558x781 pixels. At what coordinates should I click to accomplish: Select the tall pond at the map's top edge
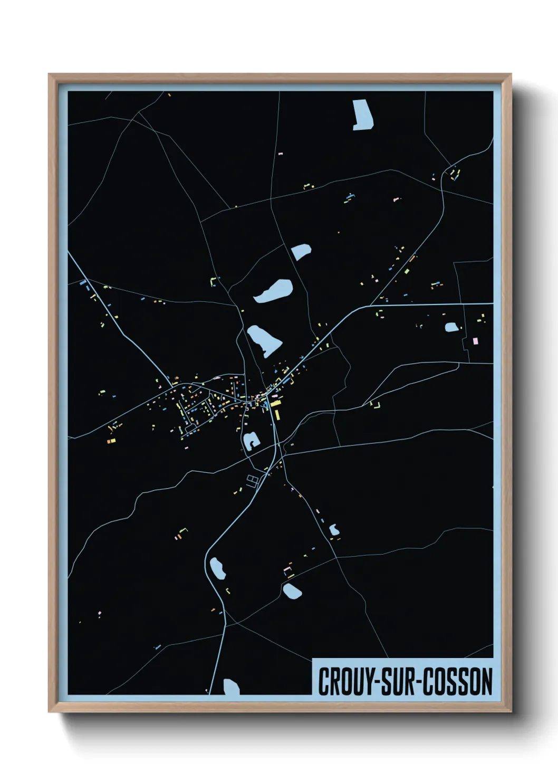(x=363, y=115)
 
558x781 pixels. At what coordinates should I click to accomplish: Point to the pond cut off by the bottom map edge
(x=231, y=687)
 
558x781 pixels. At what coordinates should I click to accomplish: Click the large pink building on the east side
(x=476, y=341)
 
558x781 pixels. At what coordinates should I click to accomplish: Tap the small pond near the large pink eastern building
(x=451, y=327)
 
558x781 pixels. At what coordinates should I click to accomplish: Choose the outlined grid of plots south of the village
(x=253, y=479)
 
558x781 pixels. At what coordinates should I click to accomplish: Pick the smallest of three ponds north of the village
(x=301, y=251)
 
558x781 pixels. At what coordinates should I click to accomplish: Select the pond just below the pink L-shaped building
(x=292, y=590)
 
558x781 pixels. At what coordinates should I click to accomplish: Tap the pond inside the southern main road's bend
(x=217, y=568)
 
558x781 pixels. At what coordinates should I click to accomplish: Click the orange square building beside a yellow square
(x=111, y=441)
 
